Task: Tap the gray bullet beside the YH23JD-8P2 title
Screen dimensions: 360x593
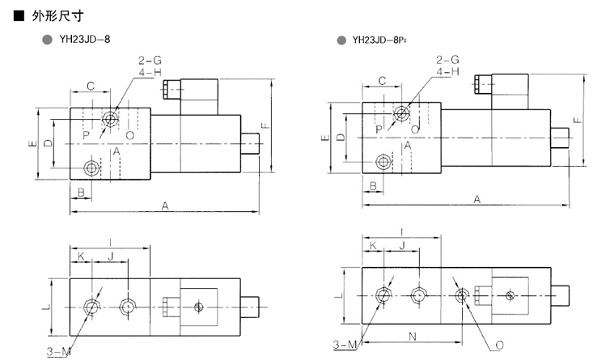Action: [343, 39]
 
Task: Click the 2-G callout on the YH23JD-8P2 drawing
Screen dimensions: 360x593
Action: [447, 60]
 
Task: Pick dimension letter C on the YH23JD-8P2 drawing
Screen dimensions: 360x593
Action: [381, 79]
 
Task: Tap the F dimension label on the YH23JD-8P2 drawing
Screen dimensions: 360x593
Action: [575, 120]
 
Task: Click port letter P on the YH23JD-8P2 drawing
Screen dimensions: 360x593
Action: [379, 129]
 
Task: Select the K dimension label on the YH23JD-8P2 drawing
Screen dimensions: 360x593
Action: [374, 244]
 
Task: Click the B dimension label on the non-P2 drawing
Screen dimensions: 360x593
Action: [81, 192]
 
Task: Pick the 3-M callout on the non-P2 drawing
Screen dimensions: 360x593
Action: [57, 350]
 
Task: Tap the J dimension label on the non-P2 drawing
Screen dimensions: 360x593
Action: [110, 256]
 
